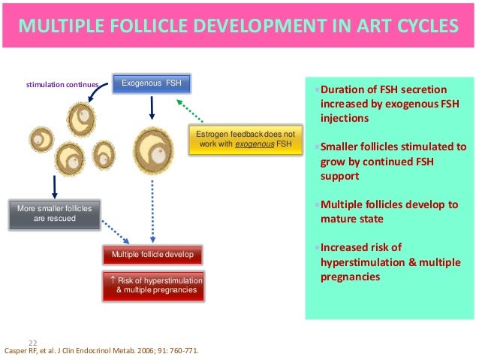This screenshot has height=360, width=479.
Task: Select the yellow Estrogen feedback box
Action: [245, 140]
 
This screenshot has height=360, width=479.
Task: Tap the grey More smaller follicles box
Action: [54, 214]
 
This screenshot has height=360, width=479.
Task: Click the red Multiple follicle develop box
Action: [152, 255]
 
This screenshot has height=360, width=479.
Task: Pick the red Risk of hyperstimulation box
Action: [152, 285]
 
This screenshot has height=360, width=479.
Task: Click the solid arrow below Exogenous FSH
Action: [152, 107]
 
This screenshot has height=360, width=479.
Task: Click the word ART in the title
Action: [355, 28]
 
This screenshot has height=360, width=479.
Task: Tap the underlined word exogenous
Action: [255, 144]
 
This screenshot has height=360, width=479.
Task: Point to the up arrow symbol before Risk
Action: [113, 280]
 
